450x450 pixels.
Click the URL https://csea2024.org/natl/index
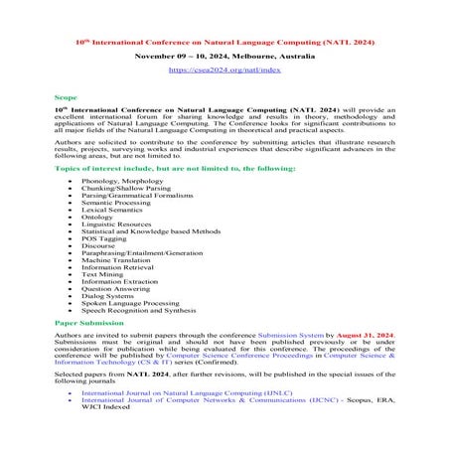pyautogui.click(x=225, y=71)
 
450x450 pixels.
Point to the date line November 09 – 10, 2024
pyautogui.click(x=225, y=58)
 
